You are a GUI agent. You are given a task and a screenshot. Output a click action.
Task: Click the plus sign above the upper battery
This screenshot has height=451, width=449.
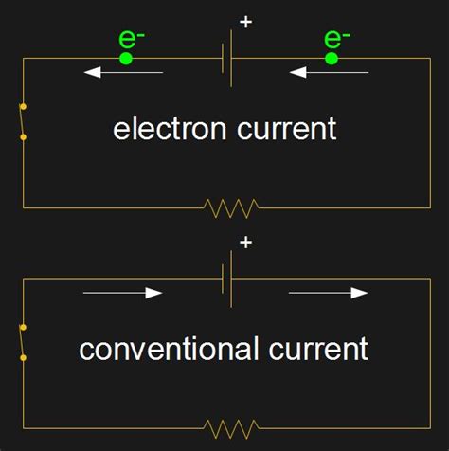tap(246, 21)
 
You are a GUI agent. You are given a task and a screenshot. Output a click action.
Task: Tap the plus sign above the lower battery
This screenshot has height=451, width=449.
tap(246, 243)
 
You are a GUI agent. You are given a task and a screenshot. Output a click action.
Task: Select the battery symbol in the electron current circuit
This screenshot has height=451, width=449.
tap(228, 59)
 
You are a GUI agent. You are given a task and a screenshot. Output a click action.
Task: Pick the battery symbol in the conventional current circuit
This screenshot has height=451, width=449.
tap(228, 280)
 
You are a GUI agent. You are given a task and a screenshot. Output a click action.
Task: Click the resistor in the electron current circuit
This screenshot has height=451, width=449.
tap(231, 207)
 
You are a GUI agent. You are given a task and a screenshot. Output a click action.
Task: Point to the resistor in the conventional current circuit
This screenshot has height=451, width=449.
tap(231, 427)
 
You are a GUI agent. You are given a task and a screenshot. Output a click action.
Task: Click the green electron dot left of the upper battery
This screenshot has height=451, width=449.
tap(125, 59)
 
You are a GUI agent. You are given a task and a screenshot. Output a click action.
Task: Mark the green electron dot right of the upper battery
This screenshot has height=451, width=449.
tap(332, 59)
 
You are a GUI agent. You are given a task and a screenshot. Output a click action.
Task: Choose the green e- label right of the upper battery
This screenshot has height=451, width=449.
tap(336, 39)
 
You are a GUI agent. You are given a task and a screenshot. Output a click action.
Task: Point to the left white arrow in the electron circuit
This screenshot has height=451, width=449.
tap(123, 72)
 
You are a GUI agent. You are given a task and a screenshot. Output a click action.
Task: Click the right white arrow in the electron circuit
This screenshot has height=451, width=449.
tap(329, 72)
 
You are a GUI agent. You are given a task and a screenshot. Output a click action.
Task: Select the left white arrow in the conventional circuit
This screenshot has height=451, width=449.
tap(123, 293)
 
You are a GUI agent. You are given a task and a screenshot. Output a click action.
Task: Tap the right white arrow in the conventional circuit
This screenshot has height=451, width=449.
tap(329, 293)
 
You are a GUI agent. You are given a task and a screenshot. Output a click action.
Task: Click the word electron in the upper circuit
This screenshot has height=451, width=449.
tap(170, 129)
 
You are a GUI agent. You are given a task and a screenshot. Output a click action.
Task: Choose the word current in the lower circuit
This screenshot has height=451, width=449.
tap(317, 350)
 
